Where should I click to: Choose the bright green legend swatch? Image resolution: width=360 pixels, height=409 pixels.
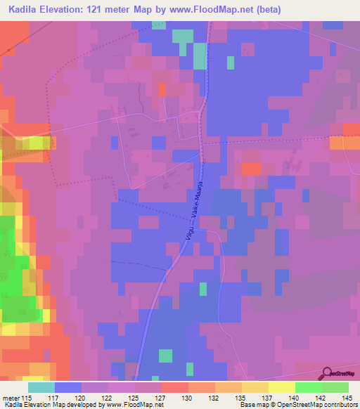pos(308,387)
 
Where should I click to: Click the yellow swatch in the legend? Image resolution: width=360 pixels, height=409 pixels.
pos(281,387)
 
